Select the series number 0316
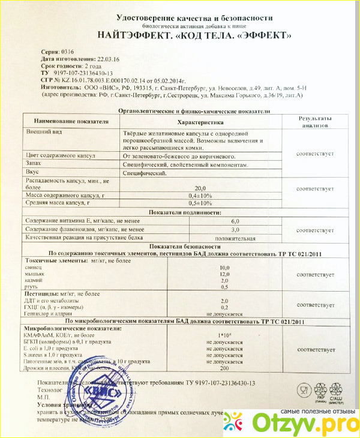(x=61, y=53)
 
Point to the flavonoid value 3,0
(x=235, y=230)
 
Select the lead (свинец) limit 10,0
(x=224, y=267)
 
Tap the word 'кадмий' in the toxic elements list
(x=35, y=280)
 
